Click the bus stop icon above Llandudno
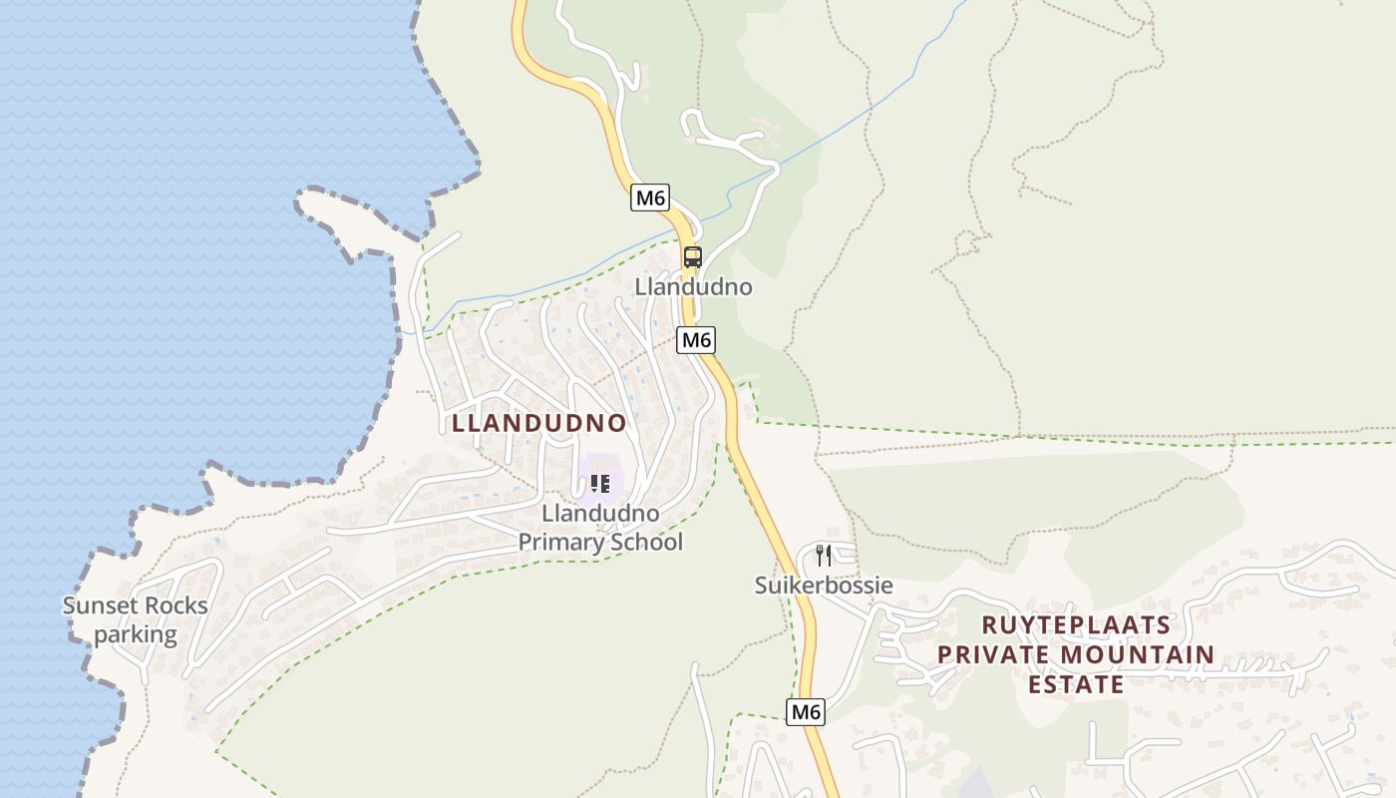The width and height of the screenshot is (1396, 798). tap(693, 257)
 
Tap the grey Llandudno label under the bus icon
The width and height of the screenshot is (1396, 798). tap(694, 287)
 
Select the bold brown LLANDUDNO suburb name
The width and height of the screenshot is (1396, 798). tap(539, 423)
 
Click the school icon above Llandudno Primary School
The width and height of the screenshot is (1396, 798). tap(599, 484)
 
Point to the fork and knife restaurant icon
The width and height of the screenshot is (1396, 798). tap(824, 556)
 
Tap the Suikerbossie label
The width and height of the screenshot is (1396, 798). tap(824, 586)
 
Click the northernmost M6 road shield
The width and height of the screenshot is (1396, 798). tap(650, 198)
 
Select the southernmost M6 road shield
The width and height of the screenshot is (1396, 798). tap(806, 712)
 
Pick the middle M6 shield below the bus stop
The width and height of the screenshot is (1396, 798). tap(696, 340)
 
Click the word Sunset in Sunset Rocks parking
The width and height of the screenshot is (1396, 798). tap(98, 606)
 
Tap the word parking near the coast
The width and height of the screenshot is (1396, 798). tap(136, 634)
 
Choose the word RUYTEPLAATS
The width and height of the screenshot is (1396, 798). tap(1075, 625)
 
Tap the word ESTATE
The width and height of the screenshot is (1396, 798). tap(1076, 685)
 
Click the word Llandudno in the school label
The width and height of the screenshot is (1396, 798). tap(600, 514)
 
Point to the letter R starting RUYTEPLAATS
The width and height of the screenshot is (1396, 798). tap(989, 625)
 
